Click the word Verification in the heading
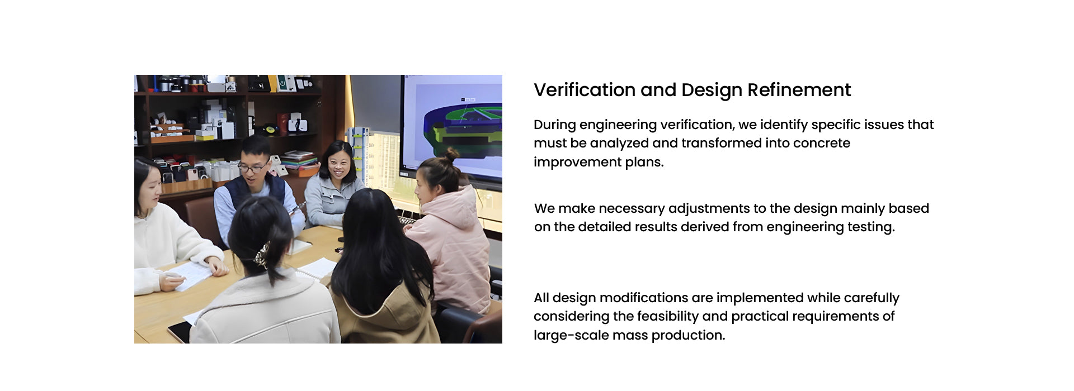pyautogui.click(x=584, y=90)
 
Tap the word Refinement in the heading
pyautogui.click(x=799, y=90)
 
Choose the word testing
pyautogui.click(x=870, y=227)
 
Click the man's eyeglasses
pyautogui.click(x=253, y=166)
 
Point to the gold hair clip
pyautogui.click(x=261, y=256)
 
